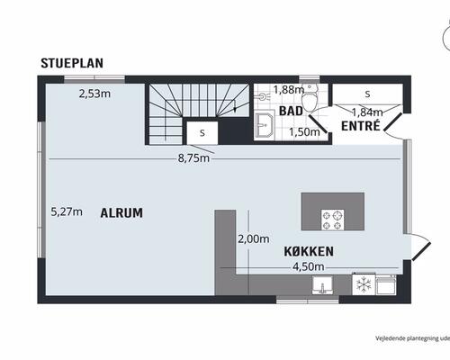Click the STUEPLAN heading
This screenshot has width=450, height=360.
pyautogui.click(x=72, y=63)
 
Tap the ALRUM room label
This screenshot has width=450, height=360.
pyautogui.click(x=121, y=213)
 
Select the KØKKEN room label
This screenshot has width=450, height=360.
pyautogui.click(x=309, y=251)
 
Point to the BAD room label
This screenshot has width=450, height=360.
pyautogui.click(x=291, y=111)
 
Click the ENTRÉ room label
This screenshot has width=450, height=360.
pyautogui.click(x=361, y=126)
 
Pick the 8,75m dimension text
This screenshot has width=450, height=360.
pyautogui.click(x=193, y=158)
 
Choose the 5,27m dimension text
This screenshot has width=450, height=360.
pyautogui.click(x=67, y=211)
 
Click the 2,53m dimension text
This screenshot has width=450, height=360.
pyautogui.click(x=94, y=94)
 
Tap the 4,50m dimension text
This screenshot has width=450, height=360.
pyautogui.click(x=309, y=266)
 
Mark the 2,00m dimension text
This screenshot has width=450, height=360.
pyautogui.click(x=254, y=239)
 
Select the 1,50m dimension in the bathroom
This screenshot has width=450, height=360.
pyautogui.click(x=304, y=132)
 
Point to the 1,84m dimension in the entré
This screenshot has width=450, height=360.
pyautogui.click(x=367, y=112)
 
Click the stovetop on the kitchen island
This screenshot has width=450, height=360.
pyautogui.click(x=333, y=220)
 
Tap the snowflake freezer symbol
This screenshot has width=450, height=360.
pyautogui.click(x=364, y=284)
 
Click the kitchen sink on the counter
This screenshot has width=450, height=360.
pyautogui.click(x=322, y=285)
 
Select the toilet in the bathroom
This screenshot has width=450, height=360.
pyautogui.click(x=309, y=101)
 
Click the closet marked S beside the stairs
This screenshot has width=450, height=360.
pyautogui.click(x=202, y=133)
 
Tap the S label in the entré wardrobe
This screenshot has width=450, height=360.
pyautogui.click(x=367, y=94)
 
